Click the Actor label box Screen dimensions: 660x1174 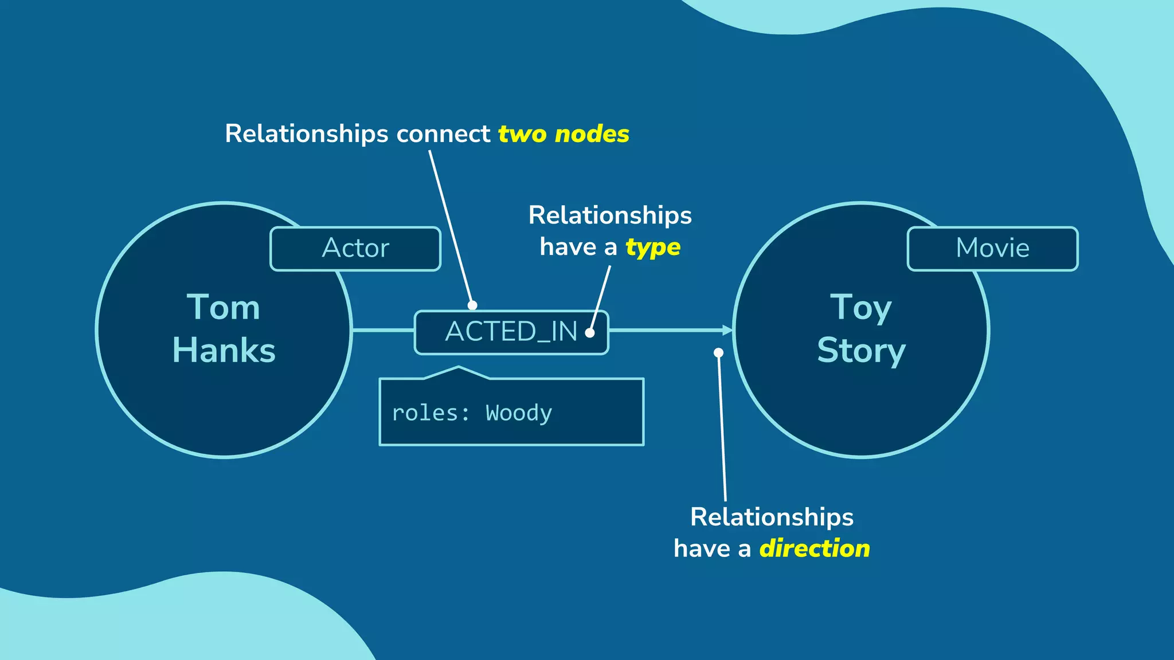pos(355,249)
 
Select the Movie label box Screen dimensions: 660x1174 pos(992,249)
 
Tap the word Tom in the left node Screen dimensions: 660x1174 pos(224,308)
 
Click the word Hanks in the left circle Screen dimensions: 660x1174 pos(224,350)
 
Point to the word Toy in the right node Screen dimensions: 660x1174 pos(861,308)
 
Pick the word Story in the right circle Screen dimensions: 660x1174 pos(861,350)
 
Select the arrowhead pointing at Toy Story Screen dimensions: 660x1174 pos(728,330)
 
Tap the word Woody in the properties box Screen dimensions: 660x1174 pos(519,413)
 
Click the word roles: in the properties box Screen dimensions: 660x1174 pos(431,413)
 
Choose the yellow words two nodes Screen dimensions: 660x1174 pos(563,134)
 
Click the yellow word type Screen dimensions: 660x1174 pos(653,247)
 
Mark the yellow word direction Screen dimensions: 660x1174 pos(815,549)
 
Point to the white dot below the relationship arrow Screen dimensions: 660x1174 pos(718,353)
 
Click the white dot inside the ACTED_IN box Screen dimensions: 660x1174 pos(590,333)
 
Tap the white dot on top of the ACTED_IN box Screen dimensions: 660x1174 pos(472,305)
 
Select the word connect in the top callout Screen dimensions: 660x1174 pos(443,134)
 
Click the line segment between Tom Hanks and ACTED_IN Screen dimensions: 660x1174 pos(383,330)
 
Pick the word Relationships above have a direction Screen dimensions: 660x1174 pos(772,517)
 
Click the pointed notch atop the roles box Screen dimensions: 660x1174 pos(459,369)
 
